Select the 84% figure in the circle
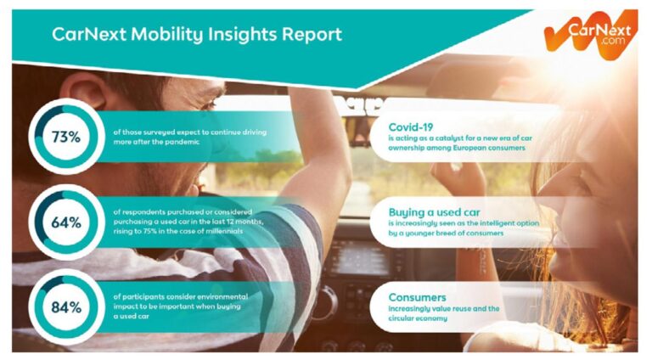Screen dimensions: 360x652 point(65,307)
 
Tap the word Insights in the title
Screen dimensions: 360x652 point(238,35)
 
